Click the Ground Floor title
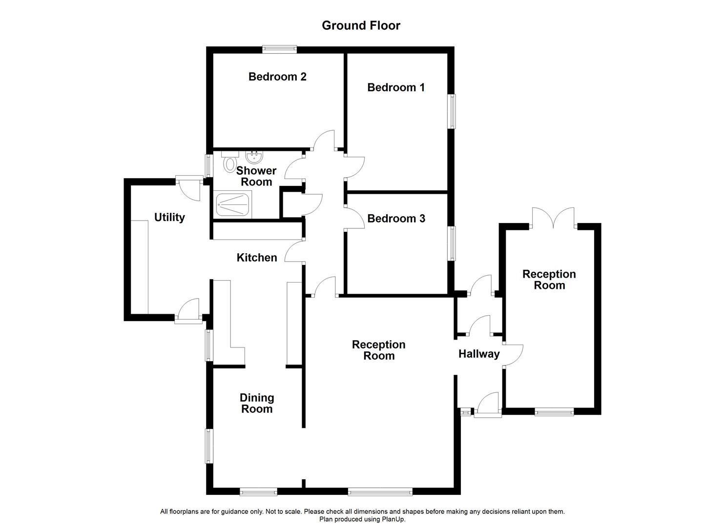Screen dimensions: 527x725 pos(361,25)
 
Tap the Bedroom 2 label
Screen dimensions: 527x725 pos(277,77)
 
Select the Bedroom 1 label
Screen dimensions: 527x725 pos(396,87)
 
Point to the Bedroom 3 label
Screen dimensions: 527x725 pos(396,219)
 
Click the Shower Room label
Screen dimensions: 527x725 pos(256,176)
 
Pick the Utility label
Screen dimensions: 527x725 pos(169,217)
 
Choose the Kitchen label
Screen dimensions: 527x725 pos(257,258)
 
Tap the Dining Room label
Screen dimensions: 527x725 pos(257,404)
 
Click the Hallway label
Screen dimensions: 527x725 pos(479,354)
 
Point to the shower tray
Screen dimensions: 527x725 pos(234,204)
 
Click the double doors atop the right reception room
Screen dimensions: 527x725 pos(553,219)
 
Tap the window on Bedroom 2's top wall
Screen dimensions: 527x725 pos(279,49)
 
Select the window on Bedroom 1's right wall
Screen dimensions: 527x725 pos(452,111)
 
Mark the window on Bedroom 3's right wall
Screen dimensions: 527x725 pos(452,243)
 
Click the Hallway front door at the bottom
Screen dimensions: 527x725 pos(488,406)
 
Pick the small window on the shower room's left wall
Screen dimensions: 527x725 pos(208,165)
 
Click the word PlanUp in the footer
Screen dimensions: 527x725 pos(394,519)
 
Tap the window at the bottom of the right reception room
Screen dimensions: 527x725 pos(554,412)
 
